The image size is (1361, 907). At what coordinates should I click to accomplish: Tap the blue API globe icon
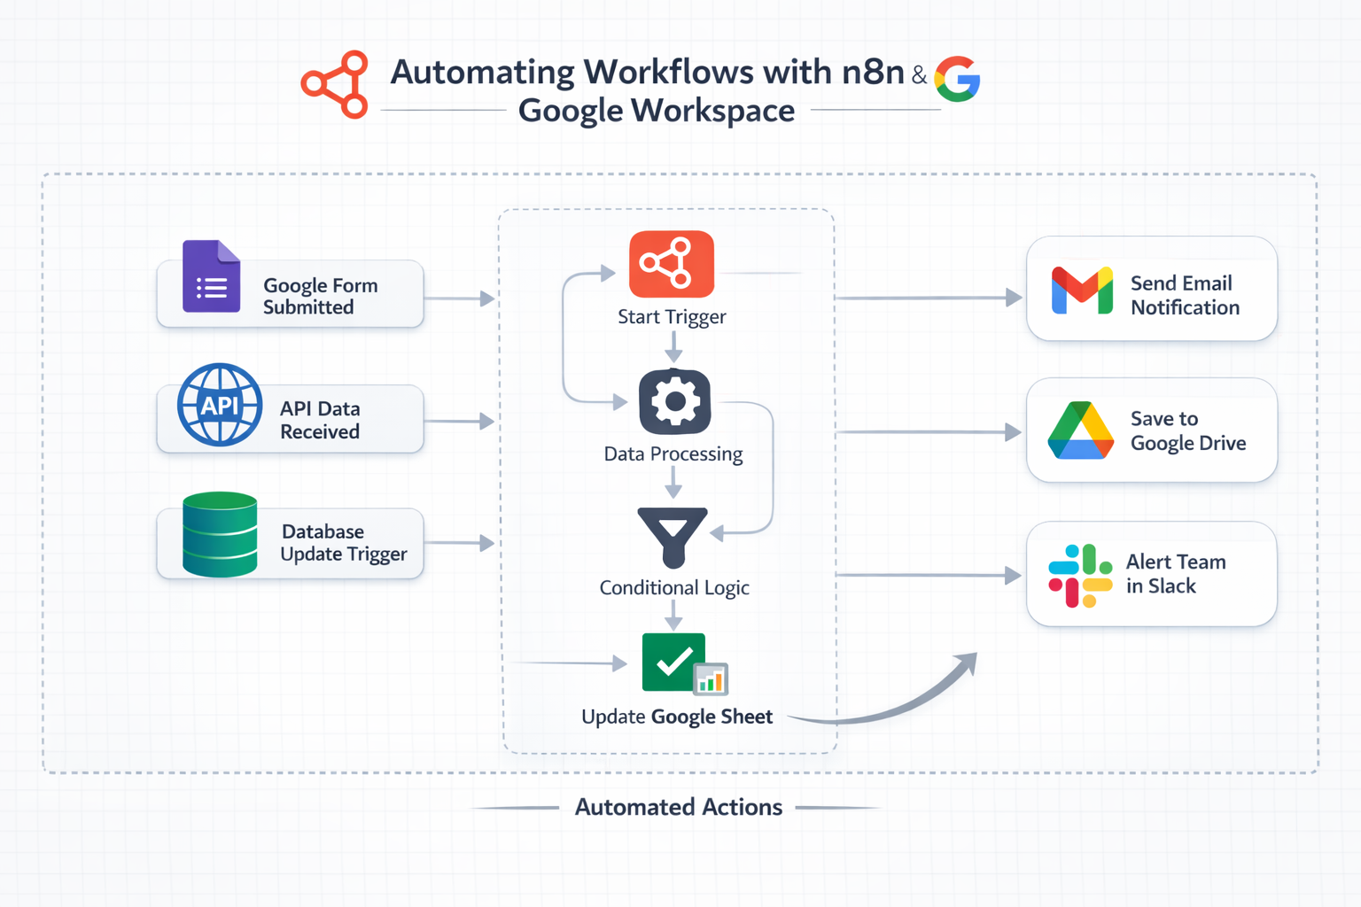click(220, 405)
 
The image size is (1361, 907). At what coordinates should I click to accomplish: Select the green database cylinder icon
click(220, 534)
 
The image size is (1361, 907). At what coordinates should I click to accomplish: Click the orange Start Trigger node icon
click(672, 264)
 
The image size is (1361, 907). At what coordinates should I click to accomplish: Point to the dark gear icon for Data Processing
click(674, 402)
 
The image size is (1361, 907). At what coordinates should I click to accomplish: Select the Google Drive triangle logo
click(1080, 431)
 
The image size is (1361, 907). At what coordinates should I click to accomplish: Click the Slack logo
click(1079, 575)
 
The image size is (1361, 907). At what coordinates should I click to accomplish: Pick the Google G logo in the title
click(958, 80)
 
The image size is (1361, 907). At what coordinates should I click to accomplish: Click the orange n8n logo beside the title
click(336, 84)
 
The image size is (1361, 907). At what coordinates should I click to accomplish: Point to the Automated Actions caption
click(678, 807)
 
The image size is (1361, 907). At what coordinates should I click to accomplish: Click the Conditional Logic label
click(674, 587)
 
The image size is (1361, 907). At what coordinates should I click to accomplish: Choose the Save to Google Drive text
click(1187, 430)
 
